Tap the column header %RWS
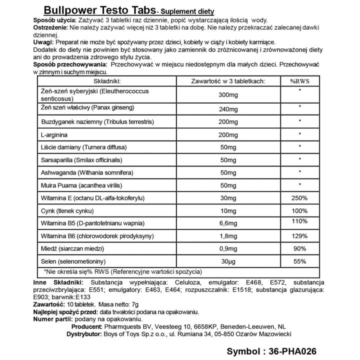tap(300, 81)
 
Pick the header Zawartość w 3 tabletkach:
tap(228, 81)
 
